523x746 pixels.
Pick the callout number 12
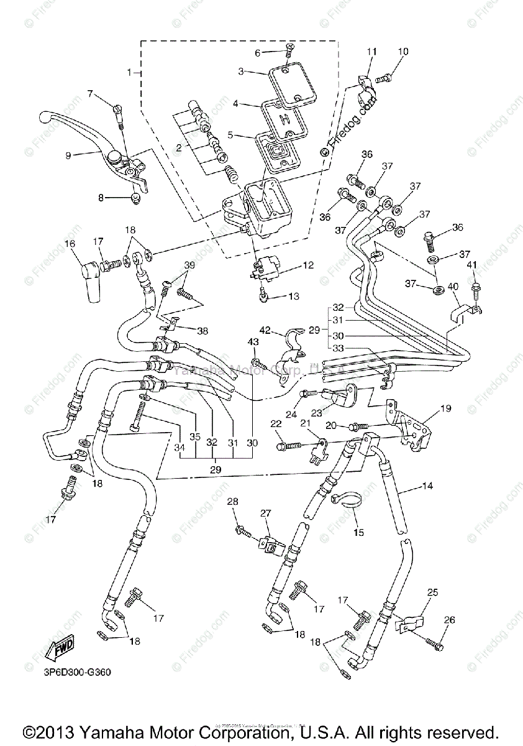[x=308, y=265]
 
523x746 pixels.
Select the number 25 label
[x=432, y=592]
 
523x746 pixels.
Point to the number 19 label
[x=446, y=408]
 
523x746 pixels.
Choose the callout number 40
[x=454, y=287]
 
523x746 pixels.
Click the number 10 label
[x=403, y=52]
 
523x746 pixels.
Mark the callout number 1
[x=130, y=73]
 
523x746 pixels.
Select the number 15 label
[x=359, y=532]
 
